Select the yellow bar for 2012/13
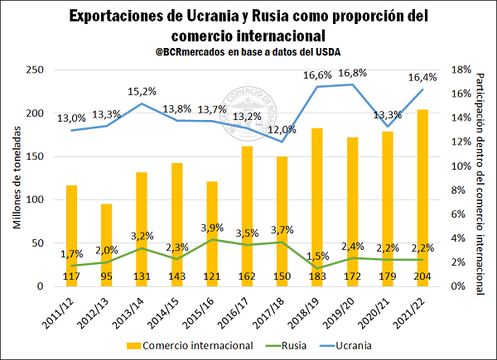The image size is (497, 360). [x=106, y=244]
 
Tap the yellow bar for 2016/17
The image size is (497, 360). [x=247, y=215]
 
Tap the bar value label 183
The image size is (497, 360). [x=317, y=276]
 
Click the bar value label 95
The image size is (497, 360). [x=106, y=276]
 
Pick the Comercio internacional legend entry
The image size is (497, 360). [x=183, y=343]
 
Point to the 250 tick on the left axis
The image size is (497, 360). [x=36, y=70]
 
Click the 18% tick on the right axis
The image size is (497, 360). [x=461, y=70]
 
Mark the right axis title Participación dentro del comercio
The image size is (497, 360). [x=482, y=178]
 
